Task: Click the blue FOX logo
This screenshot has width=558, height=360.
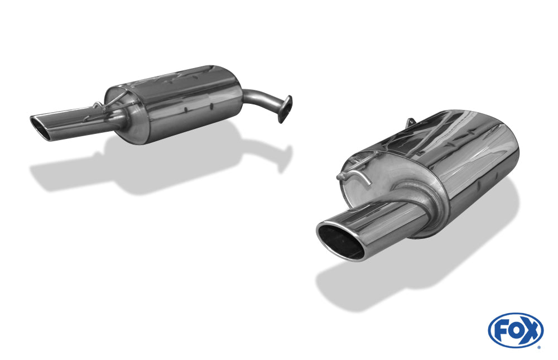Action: pyautogui.click(x=515, y=330)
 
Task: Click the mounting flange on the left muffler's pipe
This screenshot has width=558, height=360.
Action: pyautogui.click(x=285, y=109)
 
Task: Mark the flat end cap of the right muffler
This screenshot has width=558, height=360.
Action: pyautogui.click(x=385, y=173)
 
